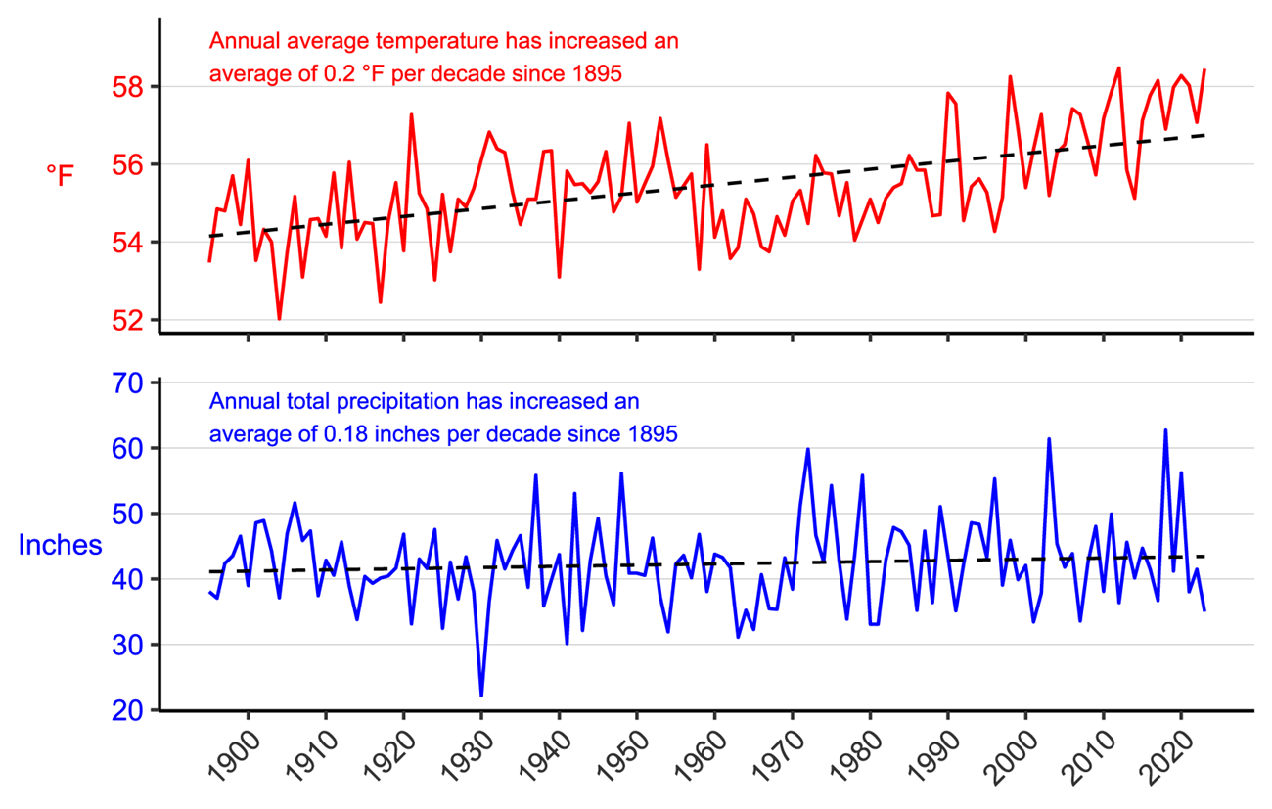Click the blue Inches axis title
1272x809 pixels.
[x=61, y=545]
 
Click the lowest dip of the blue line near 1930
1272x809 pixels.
[x=481, y=695]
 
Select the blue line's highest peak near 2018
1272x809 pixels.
[x=1165, y=430]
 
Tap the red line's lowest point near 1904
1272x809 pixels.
[x=279, y=319]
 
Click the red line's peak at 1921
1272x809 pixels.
[x=411, y=115]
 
